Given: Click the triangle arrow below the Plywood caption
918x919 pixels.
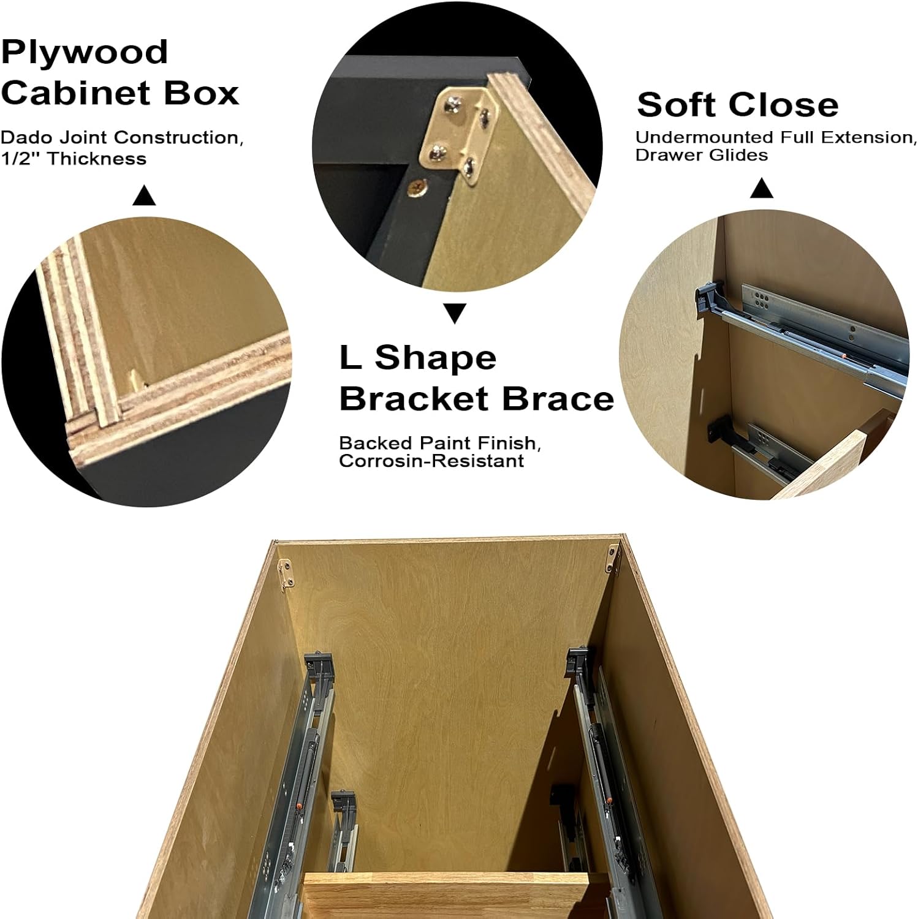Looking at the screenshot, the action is (144, 196).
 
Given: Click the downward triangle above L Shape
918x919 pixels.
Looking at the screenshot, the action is (455, 314).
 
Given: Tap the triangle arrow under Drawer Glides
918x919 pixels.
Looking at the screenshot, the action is (762, 188).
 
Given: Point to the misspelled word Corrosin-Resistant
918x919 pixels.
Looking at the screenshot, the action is (431, 461).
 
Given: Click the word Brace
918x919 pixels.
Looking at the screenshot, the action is (558, 399).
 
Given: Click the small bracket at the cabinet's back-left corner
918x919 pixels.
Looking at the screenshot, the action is (285, 573).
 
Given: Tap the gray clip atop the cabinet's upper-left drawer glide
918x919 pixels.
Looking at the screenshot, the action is (319, 665).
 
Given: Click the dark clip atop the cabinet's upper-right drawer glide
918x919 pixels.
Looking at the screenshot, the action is (577, 660).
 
